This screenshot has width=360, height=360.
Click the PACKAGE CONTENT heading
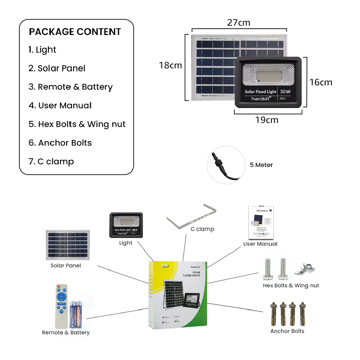point(75,32)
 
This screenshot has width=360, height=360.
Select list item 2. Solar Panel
point(57,68)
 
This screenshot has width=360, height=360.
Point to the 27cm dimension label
point(238,23)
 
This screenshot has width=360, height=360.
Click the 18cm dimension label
point(170,65)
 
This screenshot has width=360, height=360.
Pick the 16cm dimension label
point(321,82)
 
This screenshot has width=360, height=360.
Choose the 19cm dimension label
point(267,120)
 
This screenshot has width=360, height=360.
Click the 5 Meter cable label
point(261,165)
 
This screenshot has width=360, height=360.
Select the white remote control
point(61,305)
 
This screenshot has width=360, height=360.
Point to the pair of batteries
point(76,314)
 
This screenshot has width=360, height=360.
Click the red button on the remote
point(59,287)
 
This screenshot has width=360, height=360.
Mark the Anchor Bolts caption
point(287,331)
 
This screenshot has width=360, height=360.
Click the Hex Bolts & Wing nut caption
point(291,286)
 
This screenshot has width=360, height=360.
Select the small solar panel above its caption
point(68,245)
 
